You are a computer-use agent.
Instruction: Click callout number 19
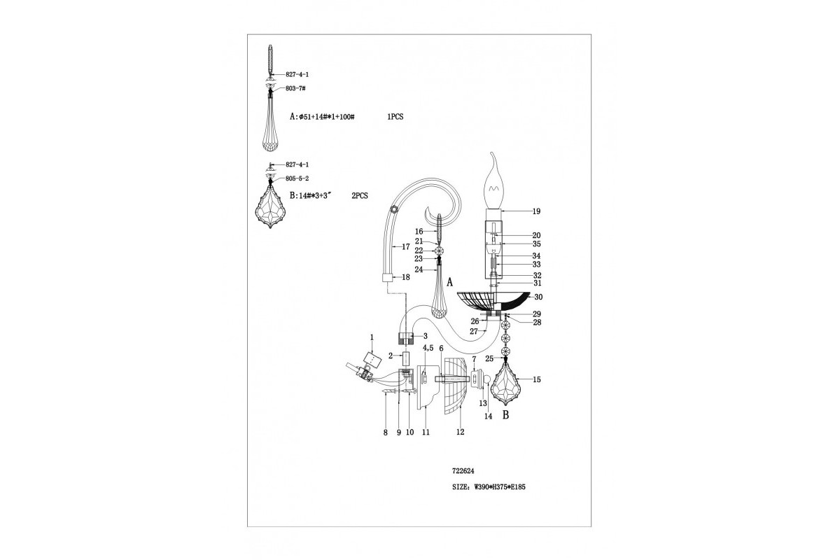(537, 211)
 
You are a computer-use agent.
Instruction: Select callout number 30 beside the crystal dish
(538, 297)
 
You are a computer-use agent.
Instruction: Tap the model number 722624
(463, 471)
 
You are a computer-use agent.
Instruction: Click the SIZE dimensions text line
(489, 487)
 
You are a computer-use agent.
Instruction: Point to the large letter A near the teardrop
(450, 282)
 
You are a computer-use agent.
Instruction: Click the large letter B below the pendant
(506, 415)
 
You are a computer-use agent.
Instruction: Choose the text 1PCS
(395, 117)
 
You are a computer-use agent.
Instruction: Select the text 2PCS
(360, 196)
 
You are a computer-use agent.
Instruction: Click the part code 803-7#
(295, 88)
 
